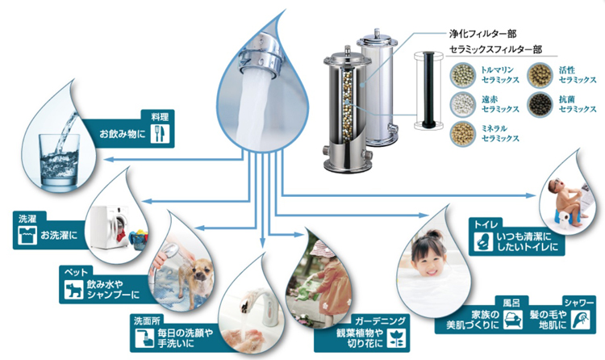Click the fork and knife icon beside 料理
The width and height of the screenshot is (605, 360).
click(160, 134)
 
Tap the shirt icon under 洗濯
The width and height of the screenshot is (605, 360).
click(27, 235)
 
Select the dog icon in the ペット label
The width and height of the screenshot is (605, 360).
click(73, 291)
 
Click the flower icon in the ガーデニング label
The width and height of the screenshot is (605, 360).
click(396, 338)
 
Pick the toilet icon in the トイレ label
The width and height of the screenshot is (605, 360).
click(483, 242)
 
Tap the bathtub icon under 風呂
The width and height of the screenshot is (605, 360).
click(513, 320)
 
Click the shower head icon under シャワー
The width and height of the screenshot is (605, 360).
click(581, 320)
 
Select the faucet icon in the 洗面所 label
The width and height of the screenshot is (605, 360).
click(144, 338)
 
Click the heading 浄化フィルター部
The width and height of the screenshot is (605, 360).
click(482, 34)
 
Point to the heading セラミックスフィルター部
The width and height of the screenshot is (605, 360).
click(496, 49)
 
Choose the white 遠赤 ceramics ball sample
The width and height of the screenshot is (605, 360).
click(463, 104)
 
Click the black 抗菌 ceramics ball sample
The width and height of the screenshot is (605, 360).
click(540, 104)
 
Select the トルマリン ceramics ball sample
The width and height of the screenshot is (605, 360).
click(463, 75)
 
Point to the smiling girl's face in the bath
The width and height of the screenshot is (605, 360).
click(428, 259)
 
